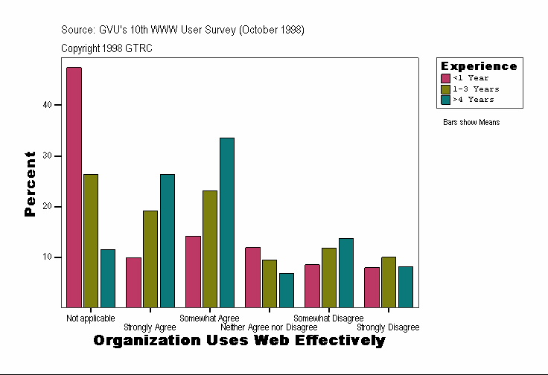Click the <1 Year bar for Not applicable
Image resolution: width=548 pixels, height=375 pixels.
(x=74, y=187)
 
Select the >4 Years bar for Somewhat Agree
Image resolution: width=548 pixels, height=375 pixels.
(x=227, y=222)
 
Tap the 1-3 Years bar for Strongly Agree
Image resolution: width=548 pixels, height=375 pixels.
(x=150, y=259)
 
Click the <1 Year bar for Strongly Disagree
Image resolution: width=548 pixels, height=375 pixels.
(x=372, y=287)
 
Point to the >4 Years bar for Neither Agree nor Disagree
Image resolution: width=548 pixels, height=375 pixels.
(x=287, y=290)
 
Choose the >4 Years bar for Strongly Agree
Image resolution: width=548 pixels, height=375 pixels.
(x=168, y=240)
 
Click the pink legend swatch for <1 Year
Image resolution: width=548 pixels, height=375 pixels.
(x=445, y=78)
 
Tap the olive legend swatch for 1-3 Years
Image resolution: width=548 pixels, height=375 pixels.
(x=445, y=89)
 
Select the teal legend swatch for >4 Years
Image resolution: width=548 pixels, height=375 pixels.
(x=445, y=99)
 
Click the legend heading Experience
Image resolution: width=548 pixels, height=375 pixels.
(x=479, y=66)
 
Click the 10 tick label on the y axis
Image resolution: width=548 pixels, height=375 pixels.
(x=47, y=257)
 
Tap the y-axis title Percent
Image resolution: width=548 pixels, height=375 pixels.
(x=30, y=183)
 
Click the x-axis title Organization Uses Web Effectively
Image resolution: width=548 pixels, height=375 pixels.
(x=239, y=341)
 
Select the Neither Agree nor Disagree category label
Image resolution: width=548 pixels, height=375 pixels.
(x=269, y=327)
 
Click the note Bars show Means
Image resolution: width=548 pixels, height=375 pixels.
(x=471, y=122)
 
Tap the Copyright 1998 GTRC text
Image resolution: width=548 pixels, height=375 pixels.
(x=106, y=48)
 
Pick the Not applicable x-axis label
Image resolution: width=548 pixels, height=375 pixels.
(x=90, y=318)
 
